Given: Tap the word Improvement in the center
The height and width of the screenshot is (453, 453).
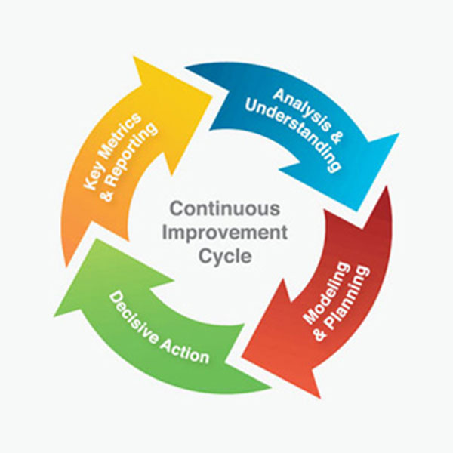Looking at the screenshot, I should [227, 231].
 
